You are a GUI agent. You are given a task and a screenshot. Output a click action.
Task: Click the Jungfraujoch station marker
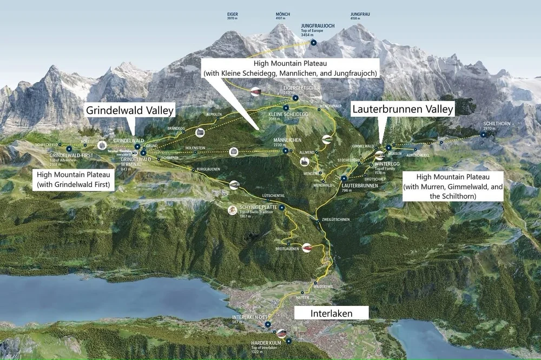tap(313, 42)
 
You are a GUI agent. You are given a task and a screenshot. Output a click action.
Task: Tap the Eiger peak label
tap(232, 16)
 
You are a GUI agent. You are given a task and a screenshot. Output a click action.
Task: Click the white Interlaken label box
tap(331, 313)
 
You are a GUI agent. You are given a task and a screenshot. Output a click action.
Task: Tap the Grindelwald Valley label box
tap(130, 111)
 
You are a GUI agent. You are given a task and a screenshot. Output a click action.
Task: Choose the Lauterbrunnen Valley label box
tap(403, 109)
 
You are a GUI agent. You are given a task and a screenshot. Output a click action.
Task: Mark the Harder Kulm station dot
tap(289, 341)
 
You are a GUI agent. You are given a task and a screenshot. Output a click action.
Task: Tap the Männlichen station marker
tap(285, 151)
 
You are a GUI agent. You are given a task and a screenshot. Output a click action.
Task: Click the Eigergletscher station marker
tap(295, 98)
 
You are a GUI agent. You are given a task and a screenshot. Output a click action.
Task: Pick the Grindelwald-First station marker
tap(69, 148)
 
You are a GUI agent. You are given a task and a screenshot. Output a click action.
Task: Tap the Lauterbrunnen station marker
tap(344, 178)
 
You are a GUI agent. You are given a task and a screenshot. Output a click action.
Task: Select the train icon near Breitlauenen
tap(307, 248)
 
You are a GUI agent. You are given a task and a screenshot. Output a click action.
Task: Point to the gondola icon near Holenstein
tap(233, 152)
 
